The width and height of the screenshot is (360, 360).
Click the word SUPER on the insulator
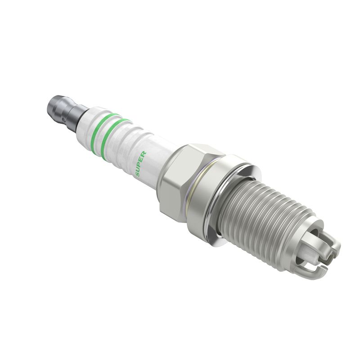[140, 163]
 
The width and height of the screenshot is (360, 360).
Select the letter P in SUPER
[140, 163]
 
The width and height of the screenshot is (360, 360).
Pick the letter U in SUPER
[138, 168]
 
